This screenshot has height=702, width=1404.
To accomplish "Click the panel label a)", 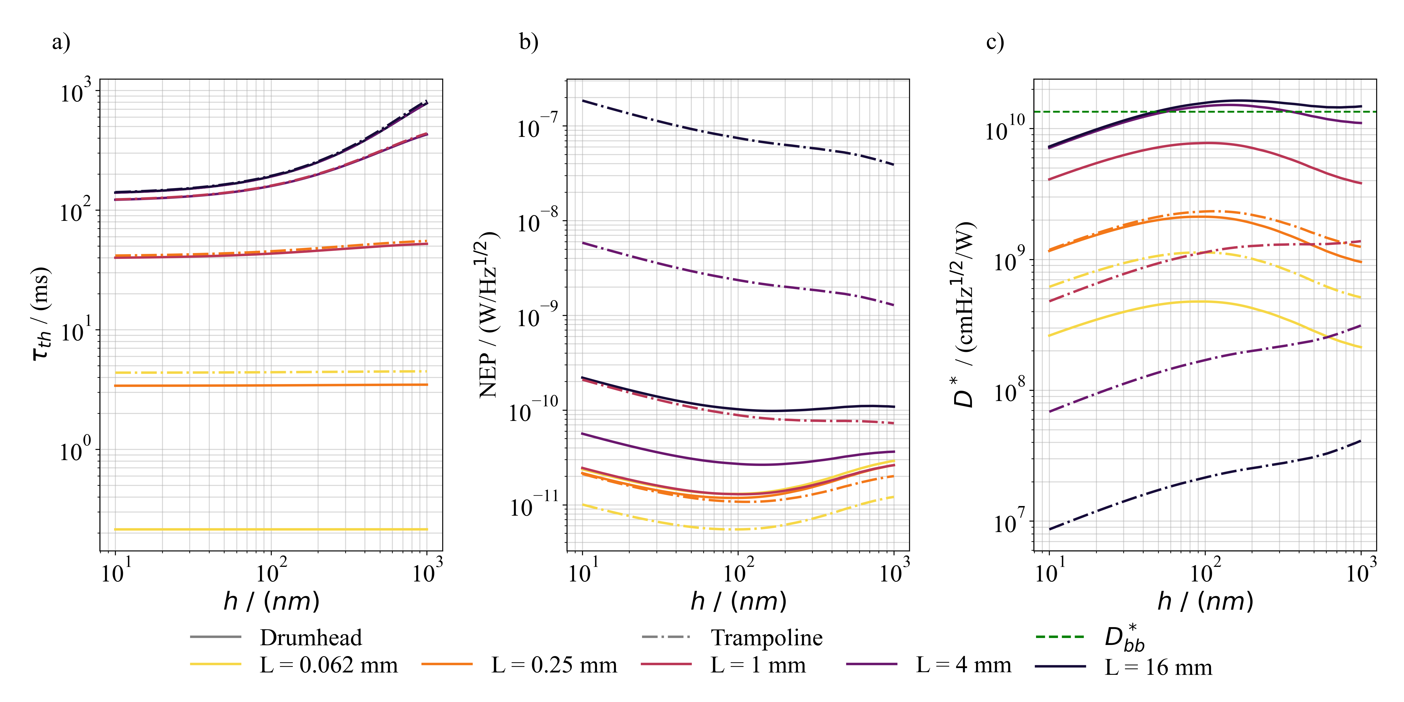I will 61,42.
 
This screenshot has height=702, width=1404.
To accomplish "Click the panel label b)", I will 528,42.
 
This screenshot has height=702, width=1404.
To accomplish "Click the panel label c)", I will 995,42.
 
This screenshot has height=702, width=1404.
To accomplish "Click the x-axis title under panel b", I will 739,601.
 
